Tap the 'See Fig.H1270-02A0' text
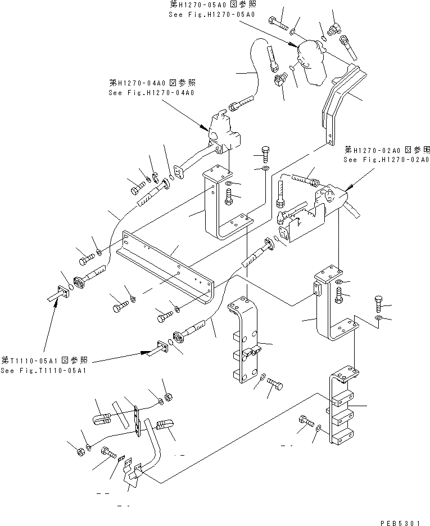point(387,160)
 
